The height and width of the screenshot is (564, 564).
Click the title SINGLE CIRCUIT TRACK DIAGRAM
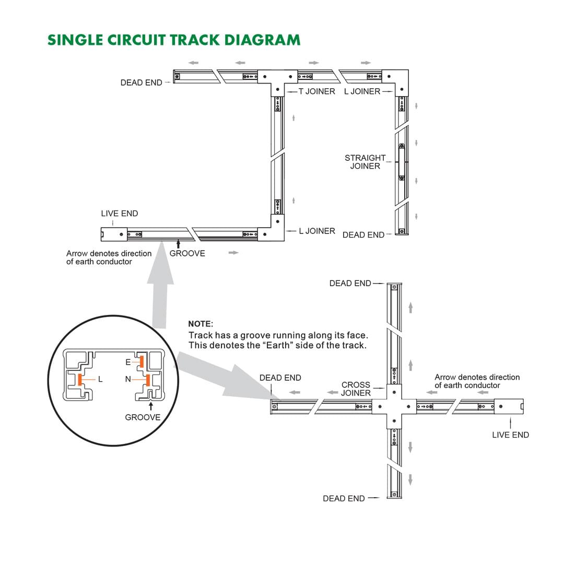pyautogui.click(x=174, y=40)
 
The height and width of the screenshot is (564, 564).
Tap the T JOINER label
pyautogui.click(x=316, y=91)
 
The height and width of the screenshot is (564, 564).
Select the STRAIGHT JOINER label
pyautogui.click(x=365, y=162)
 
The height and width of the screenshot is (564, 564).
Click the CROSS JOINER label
pyautogui.click(x=356, y=389)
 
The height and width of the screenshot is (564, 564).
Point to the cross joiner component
pyautogui.click(x=394, y=406)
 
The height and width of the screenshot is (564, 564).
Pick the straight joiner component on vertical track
pyautogui.click(x=401, y=162)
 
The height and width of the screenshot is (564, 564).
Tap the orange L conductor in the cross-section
pyautogui.click(x=80, y=380)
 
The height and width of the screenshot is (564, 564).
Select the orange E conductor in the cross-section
pyautogui.click(x=140, y=361)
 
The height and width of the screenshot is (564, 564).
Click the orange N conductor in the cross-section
pyautogui.click(x=148, y=379)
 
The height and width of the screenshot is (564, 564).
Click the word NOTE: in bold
pyautogui.click(x=201, y=324)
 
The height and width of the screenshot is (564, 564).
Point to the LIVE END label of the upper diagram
pyautogui.click(x=120, y=214)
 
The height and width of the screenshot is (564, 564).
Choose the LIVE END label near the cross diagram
pyautogui.click(x=510, y=435)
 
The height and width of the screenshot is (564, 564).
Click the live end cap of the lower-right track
pyautogui.click(x=509, y=406)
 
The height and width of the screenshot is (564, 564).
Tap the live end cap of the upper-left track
pyautogui.click(x=113, y=234)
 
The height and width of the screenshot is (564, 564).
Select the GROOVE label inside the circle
pyautogui.click(x=143, y=417)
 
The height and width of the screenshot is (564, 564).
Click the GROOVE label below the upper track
pyautogui.click(x=187, y=254)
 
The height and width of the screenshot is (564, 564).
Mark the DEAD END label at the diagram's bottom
pyautogui.click(x=344, y=499)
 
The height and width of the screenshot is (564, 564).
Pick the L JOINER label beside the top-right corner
pyautogui.click(x=362, y=91)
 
